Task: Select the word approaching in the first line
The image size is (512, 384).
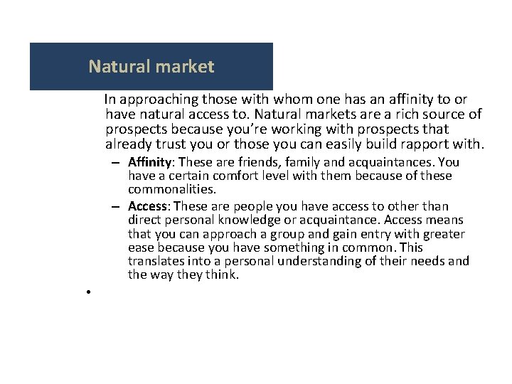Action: [156, 100]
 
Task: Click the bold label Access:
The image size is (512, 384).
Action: [149, 206]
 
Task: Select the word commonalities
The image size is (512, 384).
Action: [171, 188]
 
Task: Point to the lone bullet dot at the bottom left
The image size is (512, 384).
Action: [84, 292]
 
